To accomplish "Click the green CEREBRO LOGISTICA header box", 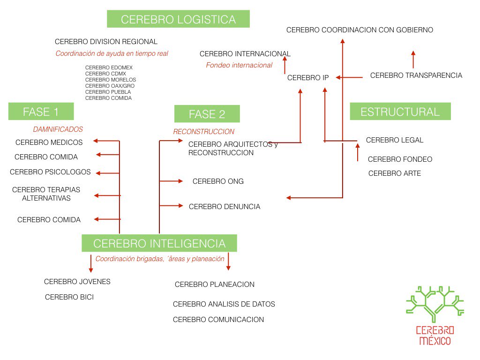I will (x=178, y=19).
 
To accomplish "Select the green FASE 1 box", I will (x=41, y=112).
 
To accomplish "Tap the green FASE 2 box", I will (x=207, y=114).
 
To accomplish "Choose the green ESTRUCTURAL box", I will (x=400, y=112).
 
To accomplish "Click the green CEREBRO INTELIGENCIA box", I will (x=159, y=243).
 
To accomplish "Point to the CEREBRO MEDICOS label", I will (x=49, y=142).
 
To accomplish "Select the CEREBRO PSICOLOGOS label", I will (x=50, y=172).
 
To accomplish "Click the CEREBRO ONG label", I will (x=218, y=181).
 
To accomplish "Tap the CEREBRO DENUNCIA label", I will (x=224, y=207).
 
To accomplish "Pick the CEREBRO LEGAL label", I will (x=394, y=140).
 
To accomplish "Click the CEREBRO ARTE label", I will (x=394, y=173).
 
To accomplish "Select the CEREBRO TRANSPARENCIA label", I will (x=416, y=75).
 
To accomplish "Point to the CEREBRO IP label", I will (x=308, y=78).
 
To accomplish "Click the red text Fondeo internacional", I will (x=239, y=65).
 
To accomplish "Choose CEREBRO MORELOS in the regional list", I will (x=111, y=80).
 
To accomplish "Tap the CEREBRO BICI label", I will (x=69, y=297).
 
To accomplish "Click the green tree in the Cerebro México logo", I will (x=435, y=303).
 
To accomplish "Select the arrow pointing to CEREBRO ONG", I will (x=172, y=181).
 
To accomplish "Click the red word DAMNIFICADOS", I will (x=58, y=129).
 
